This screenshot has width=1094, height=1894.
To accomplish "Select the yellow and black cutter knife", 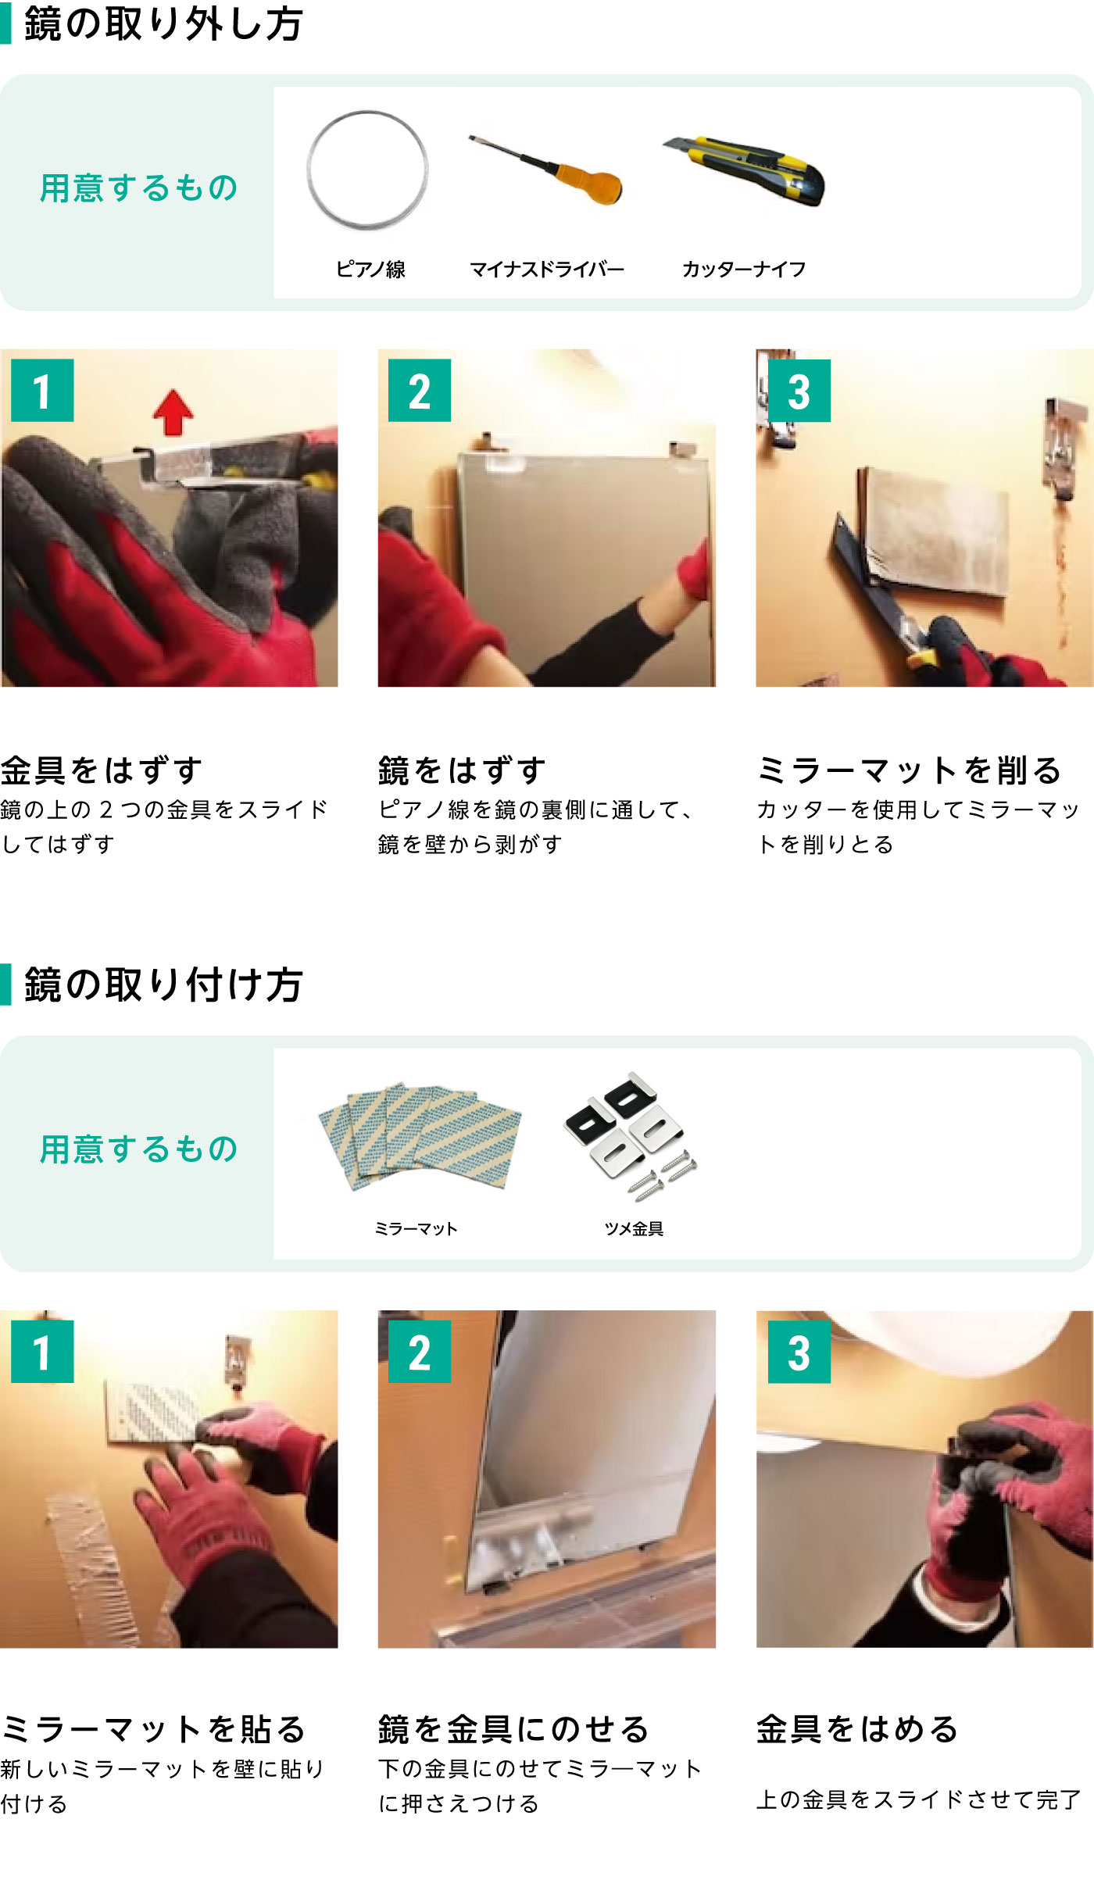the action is click(744, 170).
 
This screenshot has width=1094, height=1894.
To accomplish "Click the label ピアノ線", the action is click(370, 270).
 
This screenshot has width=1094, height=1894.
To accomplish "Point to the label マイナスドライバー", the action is click(547, 270).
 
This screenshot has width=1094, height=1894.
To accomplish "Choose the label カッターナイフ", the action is click(744, 270).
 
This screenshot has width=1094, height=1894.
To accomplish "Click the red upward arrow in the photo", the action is click(173, 413).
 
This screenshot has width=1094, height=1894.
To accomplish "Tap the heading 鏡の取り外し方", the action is click(163, 23).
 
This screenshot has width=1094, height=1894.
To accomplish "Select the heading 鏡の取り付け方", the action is click(163, 985).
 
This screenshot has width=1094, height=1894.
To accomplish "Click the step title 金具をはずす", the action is click(102, 770).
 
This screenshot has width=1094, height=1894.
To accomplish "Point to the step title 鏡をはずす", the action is click(462, 770).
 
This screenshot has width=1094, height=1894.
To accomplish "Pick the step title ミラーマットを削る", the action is click(910, 770).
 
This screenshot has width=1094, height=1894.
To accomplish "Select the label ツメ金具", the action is click(634, 1229).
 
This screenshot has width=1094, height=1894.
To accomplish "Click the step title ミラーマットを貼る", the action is click(153, 1729).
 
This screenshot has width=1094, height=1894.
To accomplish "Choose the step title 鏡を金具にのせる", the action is click(514, 1729).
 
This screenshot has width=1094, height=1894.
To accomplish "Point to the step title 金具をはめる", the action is click(858, 1729).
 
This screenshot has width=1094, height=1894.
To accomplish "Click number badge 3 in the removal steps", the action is click(799, 391).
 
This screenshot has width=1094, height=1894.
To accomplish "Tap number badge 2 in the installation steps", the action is click(420, 1352).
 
